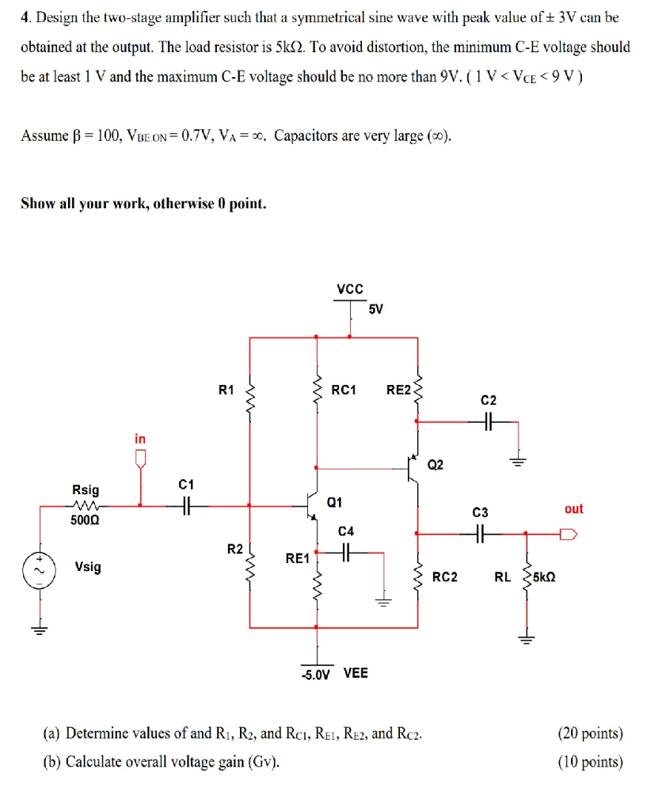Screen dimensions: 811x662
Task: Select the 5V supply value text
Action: click(x=376, y=309)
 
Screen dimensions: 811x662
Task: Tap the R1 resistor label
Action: click(x=226, y=389)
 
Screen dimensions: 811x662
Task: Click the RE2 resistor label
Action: click(x=398, y=389)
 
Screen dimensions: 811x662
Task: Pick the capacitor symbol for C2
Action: click(x=488, y=423)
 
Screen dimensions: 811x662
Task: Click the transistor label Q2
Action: click(x=436, y=464)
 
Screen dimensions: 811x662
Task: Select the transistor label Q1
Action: click(x=335, y=501)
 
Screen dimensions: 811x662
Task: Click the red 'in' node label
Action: click(x=140, y=438)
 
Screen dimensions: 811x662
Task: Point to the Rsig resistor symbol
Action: click(x=86, y=504)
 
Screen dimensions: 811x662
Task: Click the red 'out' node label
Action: click(x=574, y=508)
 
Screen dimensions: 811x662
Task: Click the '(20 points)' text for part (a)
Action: click(x=591, y=733)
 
